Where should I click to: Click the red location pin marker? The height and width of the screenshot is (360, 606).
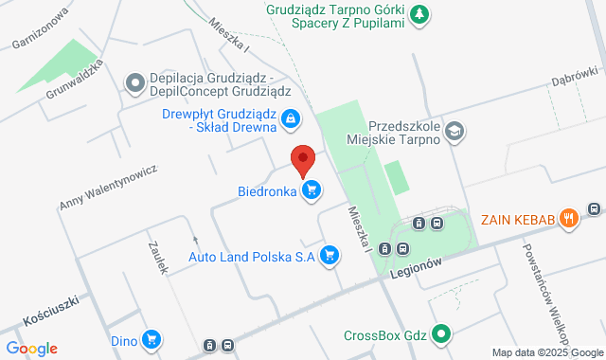pos(302,160)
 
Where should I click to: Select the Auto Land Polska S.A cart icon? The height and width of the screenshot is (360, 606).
pos(330,255)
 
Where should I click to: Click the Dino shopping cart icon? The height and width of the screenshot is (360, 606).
pos(151,338)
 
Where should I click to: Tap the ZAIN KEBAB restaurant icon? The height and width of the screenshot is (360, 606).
pos(568,218)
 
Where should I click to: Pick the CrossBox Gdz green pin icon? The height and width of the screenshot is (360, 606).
pos(440,333)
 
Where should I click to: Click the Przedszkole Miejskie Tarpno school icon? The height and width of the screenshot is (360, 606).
pos(454,132)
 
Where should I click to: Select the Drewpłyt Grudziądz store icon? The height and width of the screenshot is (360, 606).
pos(291,118)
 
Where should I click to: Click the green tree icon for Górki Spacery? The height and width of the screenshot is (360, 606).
pos(419,14)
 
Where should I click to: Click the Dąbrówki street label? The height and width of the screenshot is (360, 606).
pos(575,76)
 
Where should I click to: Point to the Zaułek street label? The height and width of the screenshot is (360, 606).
pos(158,256)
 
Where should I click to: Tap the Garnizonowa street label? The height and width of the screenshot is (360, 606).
pos(42,28)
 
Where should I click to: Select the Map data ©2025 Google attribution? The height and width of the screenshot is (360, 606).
pos(546,353)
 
